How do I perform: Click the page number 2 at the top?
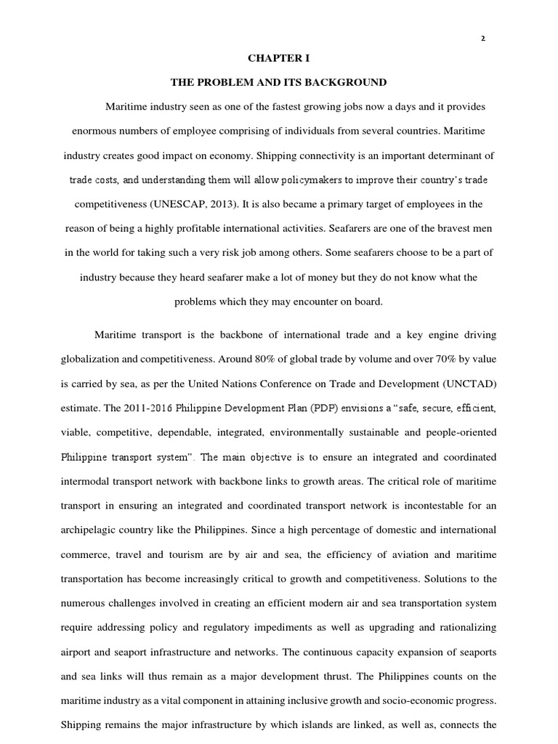482,39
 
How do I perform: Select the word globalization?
94,358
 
